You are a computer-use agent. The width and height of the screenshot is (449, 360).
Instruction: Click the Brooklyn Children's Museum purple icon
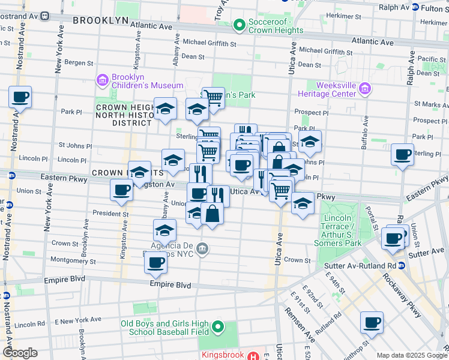pos(101,80)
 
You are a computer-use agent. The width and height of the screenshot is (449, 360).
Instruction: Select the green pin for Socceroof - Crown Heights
pos(240,25)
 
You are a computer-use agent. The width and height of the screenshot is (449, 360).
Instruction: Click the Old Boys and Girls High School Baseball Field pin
pos(217,328)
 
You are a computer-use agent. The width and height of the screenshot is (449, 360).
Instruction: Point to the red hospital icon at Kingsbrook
pos(256,356)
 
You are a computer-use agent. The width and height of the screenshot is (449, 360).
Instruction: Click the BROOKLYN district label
pos(100,20)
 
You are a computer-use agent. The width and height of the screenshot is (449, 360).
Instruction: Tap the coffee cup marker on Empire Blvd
pos(156,262)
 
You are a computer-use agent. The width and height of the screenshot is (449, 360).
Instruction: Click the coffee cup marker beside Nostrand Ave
pos(20,97)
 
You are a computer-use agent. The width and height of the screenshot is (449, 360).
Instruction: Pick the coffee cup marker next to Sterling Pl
pos(402,154)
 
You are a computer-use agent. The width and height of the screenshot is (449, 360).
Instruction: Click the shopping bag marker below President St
pos(212,213)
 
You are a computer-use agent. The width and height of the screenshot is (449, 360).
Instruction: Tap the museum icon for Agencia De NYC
pos(203,248)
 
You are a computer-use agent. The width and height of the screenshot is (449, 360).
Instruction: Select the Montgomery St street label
pos(74,262)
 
